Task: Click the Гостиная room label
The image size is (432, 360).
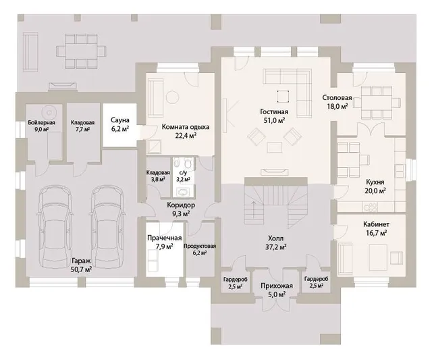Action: [274, 111]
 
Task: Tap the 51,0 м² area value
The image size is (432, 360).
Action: [274, 120]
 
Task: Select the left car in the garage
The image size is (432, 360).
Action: [55, 226]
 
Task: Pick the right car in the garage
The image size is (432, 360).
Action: [107, 226]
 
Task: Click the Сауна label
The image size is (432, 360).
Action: [120, 120]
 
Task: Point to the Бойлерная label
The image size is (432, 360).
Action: [42, 123]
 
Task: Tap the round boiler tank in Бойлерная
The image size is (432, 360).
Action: [49, 113]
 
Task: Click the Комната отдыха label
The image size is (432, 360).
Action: [186, 127]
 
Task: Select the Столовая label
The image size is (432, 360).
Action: [337, 98]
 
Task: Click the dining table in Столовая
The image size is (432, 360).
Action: [377, 102]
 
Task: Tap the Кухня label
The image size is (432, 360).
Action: [375, 182]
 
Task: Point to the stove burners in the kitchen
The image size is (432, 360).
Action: [370, 207]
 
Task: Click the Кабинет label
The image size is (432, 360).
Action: [376, 224]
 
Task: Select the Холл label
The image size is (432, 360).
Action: [275, 238]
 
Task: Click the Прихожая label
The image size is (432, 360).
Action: [276, 286]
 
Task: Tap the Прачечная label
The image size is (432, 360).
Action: [165, 238]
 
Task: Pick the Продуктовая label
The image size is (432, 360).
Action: [200, 246]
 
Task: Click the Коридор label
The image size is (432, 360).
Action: [181, 205]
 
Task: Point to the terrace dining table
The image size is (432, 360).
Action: [81, 51]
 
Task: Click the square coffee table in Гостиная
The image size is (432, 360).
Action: [283, 97]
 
